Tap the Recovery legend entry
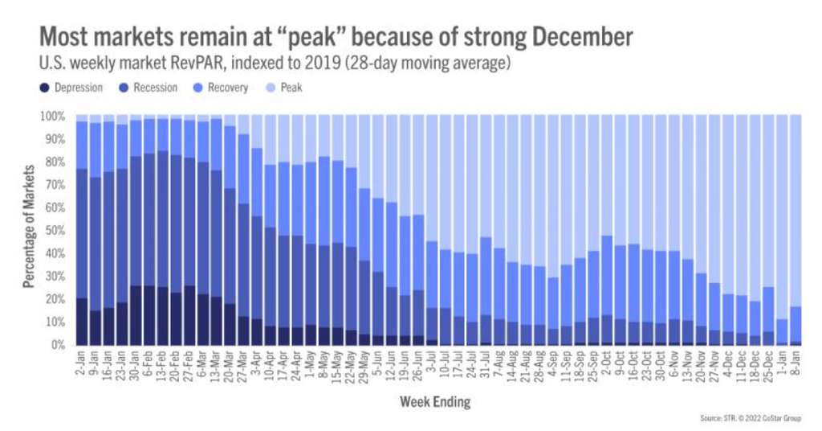pyautogui.click(x=226, y=88)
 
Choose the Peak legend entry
pyautogui.click(x=291, y=88)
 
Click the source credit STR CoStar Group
pyautogui.click(x=751, y=417)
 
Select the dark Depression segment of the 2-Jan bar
pyautogui.click(x=82, y=322)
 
